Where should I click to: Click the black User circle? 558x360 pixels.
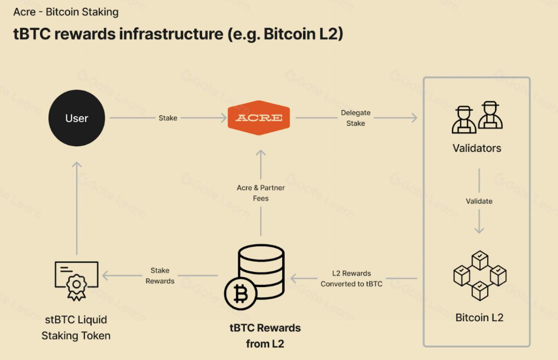[x=77, y=118]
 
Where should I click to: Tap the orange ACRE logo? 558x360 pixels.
[x=259, y=118]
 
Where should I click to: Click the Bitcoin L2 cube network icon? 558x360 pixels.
[x=480, y=275]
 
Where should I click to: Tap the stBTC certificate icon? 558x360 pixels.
[x=76, y=280]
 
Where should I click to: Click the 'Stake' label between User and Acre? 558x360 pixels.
[x=168, y=118]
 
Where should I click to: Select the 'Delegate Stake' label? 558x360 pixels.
[x=356, y=118]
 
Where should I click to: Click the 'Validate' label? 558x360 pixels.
[x=479, y=201]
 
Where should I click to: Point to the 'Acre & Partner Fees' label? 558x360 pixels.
[x=261, y=193]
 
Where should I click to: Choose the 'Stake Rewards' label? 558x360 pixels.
[x=160, y=276]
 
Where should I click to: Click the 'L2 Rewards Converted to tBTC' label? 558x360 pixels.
[x=351, y=278]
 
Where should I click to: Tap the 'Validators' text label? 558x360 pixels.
[x=477, y=148]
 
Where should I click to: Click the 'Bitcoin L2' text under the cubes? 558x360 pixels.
[x=479, y=318]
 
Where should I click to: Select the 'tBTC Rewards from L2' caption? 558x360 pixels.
[x=265, y=336]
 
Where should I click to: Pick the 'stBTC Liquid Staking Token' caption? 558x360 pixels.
[x=76, y=328]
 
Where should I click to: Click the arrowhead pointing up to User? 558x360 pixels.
[x=77, y=165]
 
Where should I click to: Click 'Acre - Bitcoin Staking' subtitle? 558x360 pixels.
[x=66, y=12]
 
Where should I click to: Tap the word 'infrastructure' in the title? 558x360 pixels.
[x=171, y=34]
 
